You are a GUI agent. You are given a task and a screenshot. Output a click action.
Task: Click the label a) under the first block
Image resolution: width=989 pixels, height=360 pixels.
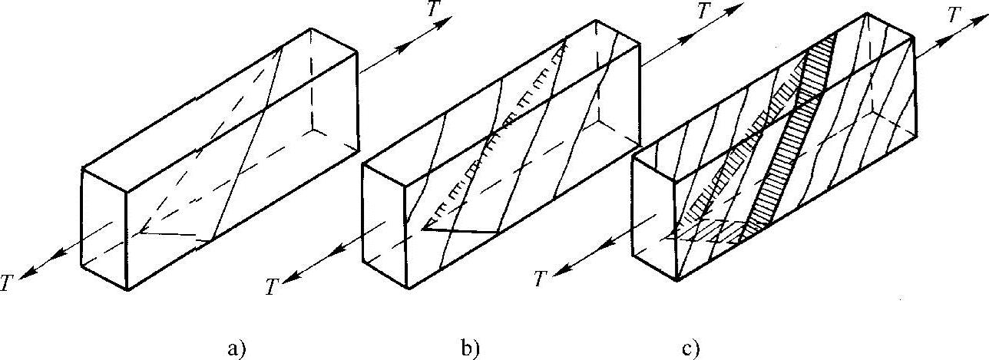tap(235, 349)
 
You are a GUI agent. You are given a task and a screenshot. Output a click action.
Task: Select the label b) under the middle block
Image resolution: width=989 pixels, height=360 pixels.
tap(470, 349)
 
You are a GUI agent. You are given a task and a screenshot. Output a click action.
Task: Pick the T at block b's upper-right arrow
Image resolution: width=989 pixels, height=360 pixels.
tap(703, 11)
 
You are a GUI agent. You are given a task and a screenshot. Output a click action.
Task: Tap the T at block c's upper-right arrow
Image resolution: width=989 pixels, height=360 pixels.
tap(954, 15)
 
